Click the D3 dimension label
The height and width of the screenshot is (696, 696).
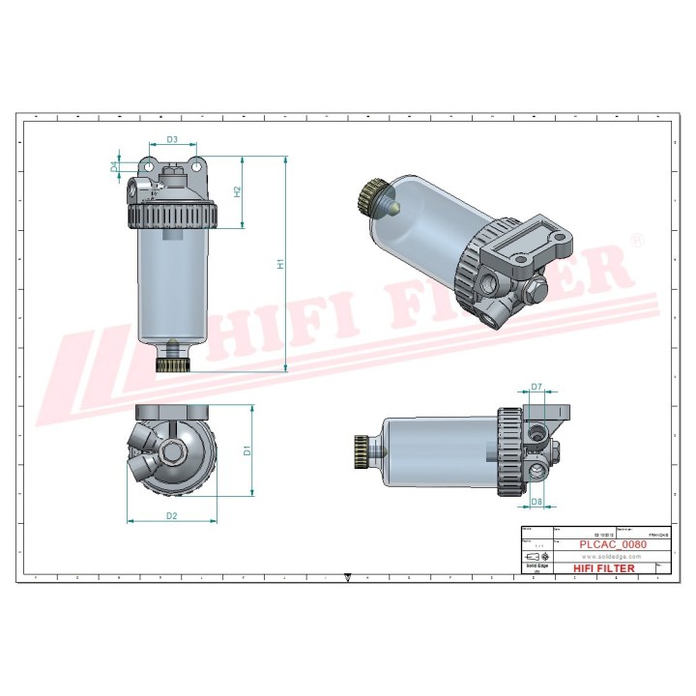171,140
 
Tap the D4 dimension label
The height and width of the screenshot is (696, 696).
114,166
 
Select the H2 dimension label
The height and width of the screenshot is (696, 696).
238,191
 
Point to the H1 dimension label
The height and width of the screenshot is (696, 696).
280,263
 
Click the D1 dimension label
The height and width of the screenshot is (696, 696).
247,449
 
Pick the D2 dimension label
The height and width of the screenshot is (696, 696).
171,516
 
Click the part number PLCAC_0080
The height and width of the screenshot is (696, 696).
612,544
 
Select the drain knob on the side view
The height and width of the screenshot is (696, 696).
362,449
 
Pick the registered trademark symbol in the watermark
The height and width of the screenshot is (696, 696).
636,238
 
